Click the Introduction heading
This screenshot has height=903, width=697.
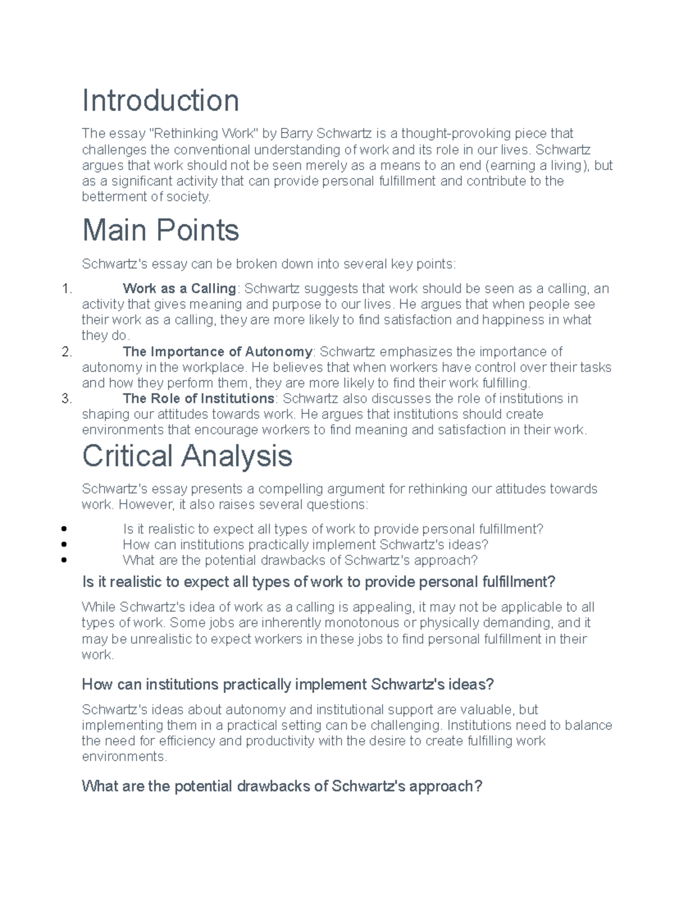160,101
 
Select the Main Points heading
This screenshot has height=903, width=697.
160,230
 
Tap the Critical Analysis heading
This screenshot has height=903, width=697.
187,456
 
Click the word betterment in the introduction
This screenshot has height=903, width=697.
115,197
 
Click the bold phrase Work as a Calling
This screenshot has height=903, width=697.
179,289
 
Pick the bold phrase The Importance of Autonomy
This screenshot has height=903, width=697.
218,352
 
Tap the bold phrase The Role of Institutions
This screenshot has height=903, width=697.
199,399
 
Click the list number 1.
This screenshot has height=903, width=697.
66,289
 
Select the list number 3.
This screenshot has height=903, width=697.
66,399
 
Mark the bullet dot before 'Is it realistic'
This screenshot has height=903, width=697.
64,530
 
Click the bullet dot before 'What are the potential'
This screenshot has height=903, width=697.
64,561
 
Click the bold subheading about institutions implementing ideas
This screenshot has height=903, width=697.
288,685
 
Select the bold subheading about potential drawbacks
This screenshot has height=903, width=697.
282,787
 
